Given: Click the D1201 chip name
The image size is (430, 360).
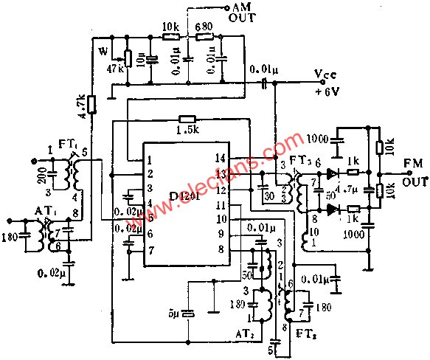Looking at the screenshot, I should (185, 195).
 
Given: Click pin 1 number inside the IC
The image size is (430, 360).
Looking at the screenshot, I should (150, 159).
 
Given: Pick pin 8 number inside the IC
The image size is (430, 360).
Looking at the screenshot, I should (221, 249).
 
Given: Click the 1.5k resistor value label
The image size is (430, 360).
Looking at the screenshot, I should (188, 130).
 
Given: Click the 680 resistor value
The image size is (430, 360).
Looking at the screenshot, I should (204, 26).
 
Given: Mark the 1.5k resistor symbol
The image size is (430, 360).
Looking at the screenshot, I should (187, 119).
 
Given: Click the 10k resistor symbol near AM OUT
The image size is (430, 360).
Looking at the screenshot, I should (171, 34).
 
